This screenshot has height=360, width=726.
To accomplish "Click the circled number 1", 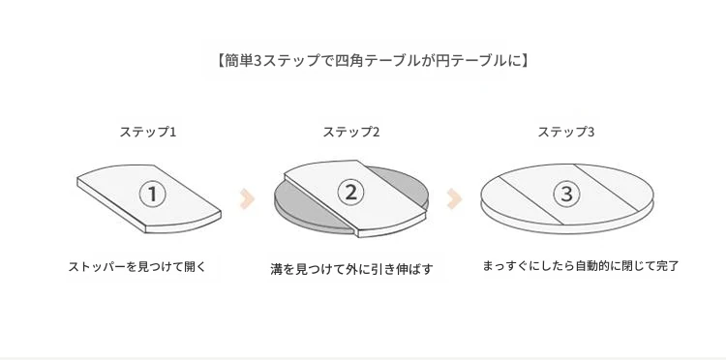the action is pos(152,195).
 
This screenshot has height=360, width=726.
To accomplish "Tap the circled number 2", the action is pos(351,192).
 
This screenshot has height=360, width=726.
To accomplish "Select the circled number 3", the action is pos(566,194).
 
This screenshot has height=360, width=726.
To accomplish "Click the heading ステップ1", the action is pos(148,132).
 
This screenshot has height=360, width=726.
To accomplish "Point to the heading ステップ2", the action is pos(351,132).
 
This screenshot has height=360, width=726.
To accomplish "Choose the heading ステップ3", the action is pos(566,132).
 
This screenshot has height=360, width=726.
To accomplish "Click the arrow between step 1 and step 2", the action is pos(247,199).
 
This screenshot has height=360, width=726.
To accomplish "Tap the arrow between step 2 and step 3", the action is pos(454,199).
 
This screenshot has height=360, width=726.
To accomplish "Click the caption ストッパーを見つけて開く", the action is pos(136,267).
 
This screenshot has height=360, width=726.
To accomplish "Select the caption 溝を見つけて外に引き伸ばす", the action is pos(351,269).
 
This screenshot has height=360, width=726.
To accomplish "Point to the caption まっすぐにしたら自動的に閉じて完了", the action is pos(580,266).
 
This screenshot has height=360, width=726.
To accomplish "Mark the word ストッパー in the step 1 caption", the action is pos(97,267).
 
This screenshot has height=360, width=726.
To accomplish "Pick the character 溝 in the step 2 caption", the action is pos(277,269).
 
